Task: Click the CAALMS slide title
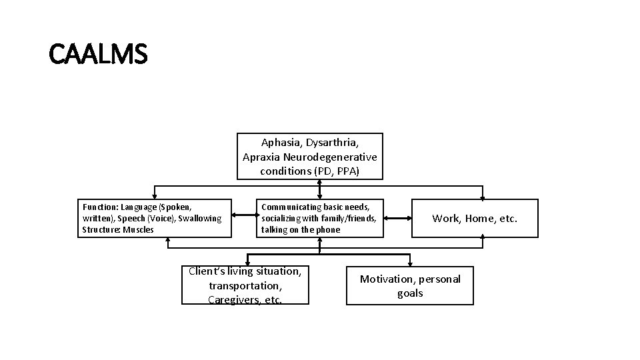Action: (98, 53)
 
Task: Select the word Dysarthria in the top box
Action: (333, 143)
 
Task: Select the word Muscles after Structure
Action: (139, 230)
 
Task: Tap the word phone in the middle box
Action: (327, 230)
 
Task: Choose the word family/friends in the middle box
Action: (349, 219)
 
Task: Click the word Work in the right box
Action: (445, 219)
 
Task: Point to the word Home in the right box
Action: (479, 219)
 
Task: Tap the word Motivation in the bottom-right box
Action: (387, 279)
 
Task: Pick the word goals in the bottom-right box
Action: (410, 293)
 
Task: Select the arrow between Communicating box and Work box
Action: (399, 218)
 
